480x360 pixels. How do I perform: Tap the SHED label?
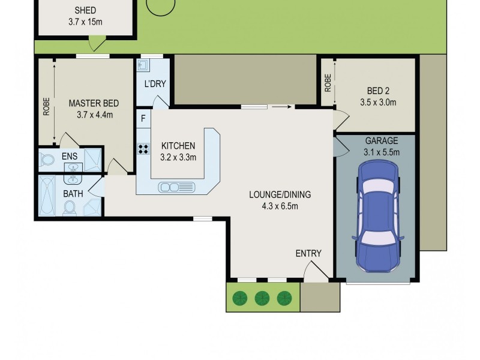pos(85,11)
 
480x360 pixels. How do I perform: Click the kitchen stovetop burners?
pos(143,149)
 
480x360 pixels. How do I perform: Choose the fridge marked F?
pos(143,118)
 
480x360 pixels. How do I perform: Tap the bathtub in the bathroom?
pos(47,196)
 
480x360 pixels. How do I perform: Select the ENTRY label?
pos(308,253)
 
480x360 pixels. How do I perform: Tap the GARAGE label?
pos(382,141)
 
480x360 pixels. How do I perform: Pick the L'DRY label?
pos(155,84)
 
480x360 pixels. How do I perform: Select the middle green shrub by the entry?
pos(262,297)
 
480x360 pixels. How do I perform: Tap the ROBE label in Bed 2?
pos(328,82)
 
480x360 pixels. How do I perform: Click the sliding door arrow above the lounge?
pos(282,107)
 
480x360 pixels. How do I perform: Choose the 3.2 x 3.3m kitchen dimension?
pos(178,157)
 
